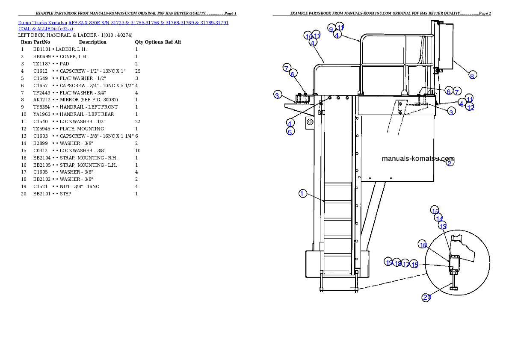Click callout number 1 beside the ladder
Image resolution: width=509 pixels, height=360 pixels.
302,194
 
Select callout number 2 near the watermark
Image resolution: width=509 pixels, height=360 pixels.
450,162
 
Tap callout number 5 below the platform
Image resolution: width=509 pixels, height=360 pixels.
290,132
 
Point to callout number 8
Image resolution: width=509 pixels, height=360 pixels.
472,76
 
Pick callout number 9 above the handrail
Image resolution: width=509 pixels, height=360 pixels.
331,28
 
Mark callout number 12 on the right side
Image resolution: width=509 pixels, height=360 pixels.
471,107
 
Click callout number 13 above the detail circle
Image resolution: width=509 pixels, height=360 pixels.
443,226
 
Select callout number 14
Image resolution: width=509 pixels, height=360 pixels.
439,218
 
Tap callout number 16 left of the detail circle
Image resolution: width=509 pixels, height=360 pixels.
423,245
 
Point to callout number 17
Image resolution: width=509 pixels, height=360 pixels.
406,264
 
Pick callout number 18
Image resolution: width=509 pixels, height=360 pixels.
397,263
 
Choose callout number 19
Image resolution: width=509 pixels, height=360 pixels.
389,262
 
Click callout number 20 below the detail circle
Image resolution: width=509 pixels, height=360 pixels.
426,298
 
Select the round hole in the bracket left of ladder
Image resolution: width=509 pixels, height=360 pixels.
310,122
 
